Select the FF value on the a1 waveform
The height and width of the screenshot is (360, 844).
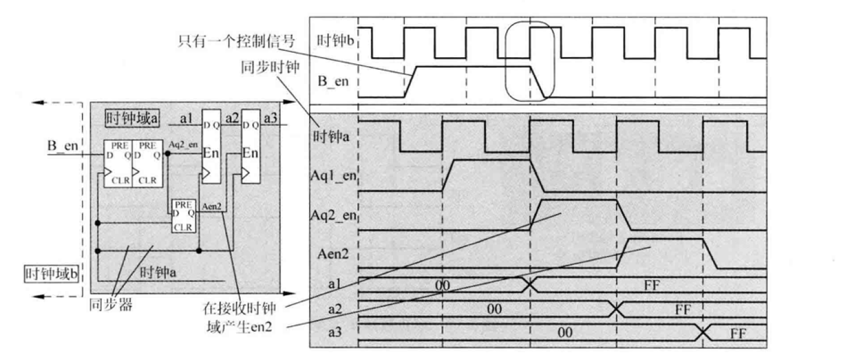click(650, 285)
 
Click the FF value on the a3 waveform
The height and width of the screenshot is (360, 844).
click(739, 333)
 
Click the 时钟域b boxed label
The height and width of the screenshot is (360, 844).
click(51, 275)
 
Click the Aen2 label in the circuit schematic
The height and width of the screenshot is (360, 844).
click(211, 207)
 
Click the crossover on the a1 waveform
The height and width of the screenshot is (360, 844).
click(529, 285)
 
